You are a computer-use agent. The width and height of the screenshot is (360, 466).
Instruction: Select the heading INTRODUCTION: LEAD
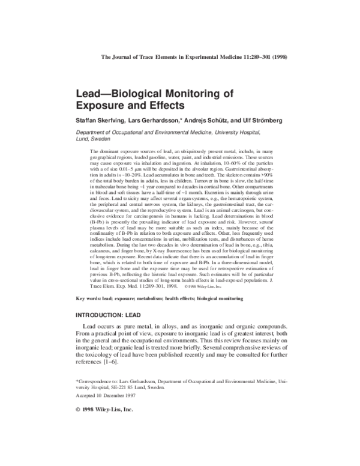(112, 316)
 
